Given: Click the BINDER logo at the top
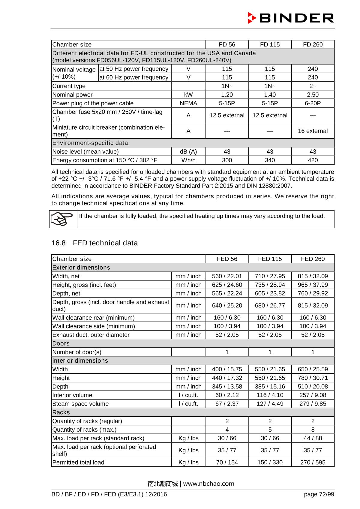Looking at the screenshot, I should pos(291,18).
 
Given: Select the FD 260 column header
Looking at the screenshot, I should pos(313,44).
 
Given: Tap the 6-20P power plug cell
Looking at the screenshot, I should pos(313,103).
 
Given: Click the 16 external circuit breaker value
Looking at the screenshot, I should pos(313,131).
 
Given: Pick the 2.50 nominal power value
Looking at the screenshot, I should pos(313,94).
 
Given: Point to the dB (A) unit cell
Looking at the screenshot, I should pos(188,151).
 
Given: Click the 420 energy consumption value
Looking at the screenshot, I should pos(313,160).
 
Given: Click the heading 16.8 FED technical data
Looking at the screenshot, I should pos(94,243).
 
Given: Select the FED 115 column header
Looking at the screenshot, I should pos(270,259).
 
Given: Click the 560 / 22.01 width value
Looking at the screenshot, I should pos(227,276).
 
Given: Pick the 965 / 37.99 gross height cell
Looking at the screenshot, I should pos(313,285).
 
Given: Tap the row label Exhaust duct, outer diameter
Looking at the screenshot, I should pos(91,335).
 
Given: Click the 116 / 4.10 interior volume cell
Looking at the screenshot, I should pos(270,395).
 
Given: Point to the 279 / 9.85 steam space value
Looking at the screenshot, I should pos(313,404).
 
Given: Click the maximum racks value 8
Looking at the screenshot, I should pos(313,430).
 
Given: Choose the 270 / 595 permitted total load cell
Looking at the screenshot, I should pos(313,462).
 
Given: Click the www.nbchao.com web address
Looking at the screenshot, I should pos(208,484).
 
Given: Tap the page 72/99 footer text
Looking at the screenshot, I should pos(319,494).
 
